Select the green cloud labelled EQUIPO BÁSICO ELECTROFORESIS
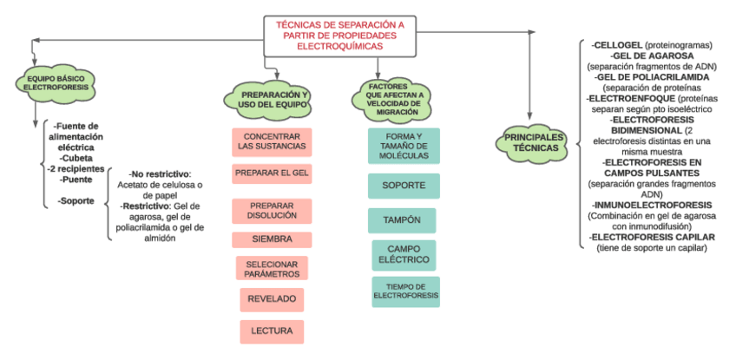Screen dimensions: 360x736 (x=49, y=82)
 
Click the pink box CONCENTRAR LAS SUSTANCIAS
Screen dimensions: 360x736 (x=272, y=141)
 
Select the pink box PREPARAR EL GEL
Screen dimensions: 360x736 (x=272, y=173)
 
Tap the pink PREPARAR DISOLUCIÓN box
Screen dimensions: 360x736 (x=272, y=211)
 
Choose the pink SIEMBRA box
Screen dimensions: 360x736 (x=272, y=239)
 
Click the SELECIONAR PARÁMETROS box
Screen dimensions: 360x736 (x=272, y=268)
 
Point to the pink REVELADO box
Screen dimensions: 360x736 (x=272, y=300)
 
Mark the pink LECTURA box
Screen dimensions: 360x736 (x=272, y=331)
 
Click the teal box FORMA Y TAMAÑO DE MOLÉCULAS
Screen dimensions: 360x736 (x=404, y=146)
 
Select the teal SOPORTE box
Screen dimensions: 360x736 (x=404, y=186)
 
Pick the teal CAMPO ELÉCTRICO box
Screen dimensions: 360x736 (x=404, y=255)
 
